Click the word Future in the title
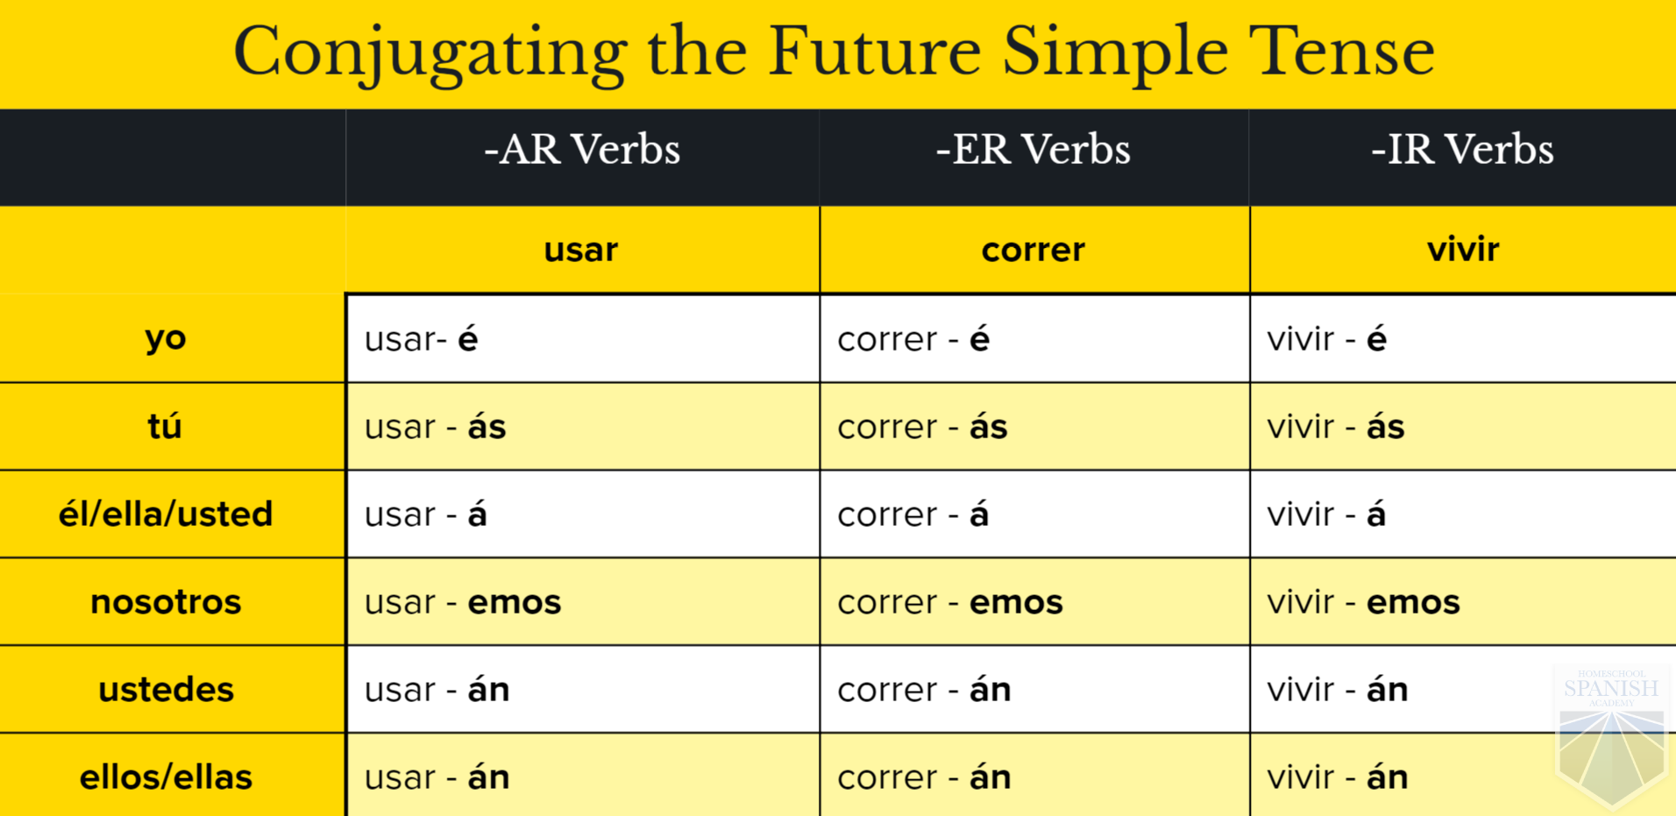tap(874, 51)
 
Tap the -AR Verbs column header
tap(582, 149)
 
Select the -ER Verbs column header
tap(1033, 149)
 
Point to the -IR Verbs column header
tap(1462, 149)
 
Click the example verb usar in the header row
tap(580, 250)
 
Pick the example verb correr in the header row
tap(1033, 251)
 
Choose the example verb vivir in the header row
tap(1462, 249)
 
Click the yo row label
tap(166, 338)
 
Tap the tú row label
tap(164, 426)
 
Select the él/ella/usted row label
tap(166, 514)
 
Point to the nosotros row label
tap(166, 602)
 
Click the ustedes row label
tap(166, 690)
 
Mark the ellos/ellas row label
tap(166, 777)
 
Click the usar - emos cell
tap(463, 602)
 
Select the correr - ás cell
tap(922, 427)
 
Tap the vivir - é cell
tap(1326, 338)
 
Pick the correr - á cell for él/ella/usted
tap(913, 514)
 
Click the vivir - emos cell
tap(1363, 602)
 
